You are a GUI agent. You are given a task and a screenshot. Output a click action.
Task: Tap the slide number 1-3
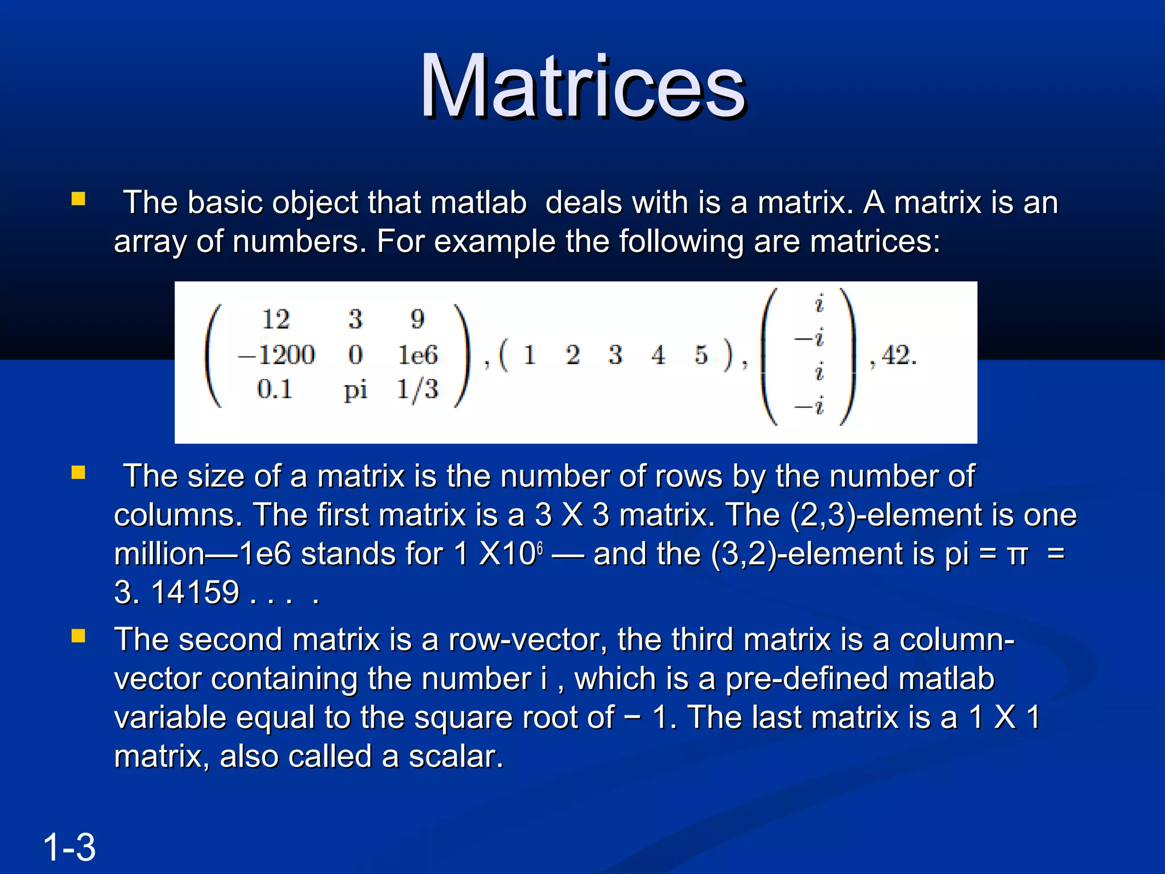[x=69, y=847]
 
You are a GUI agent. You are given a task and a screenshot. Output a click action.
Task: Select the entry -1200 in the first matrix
[x=276, y=355]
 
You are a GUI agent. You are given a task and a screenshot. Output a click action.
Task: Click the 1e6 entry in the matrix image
[x=418, y=355]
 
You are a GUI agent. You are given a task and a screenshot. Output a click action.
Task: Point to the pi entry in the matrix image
[x=356, y=391]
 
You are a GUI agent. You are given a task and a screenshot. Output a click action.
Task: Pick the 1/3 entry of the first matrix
[x=418, y=390]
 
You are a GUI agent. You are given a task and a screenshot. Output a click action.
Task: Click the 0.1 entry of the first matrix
[x=274, y=390]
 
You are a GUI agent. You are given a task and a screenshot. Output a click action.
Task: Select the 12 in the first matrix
[x=276, y=319]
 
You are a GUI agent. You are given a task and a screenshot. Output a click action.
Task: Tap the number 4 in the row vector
[x=658, y=356]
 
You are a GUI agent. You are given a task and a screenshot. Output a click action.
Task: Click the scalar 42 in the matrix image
[x=898, y=356]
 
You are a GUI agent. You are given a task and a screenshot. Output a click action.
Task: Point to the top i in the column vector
[x=819, y=303]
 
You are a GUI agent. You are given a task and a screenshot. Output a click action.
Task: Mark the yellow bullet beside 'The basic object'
[x=79, y=199]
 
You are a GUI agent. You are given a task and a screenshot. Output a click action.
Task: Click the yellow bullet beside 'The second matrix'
[x=79, y=636]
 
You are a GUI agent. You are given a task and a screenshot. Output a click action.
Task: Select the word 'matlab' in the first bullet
[x=478, y=203]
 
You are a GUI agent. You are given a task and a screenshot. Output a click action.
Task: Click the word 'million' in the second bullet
[x=159, y=554]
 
